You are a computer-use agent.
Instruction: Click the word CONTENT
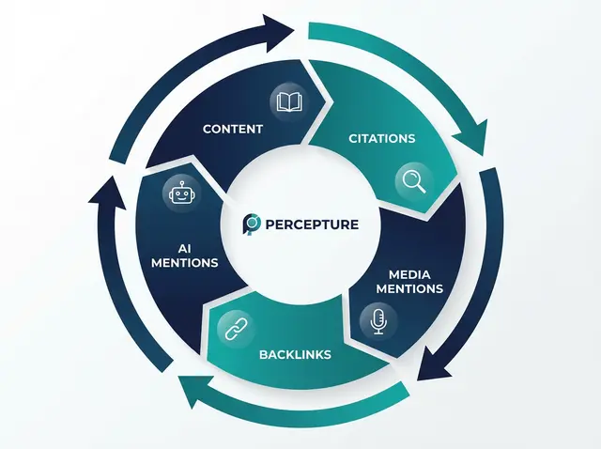(x=232, y=129)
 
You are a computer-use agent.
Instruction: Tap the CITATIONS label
(x=381, y=138)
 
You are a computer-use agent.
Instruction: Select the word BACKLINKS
(x=295, y=355)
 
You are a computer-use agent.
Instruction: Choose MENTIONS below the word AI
(x=185, y=263)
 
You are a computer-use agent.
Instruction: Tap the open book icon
(x=289, y=101)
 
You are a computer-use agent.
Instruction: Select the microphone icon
(x=378, y=321)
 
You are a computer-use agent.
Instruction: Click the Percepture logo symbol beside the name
(x=253, y=225)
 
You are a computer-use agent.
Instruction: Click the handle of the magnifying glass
(x=420, y=187)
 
